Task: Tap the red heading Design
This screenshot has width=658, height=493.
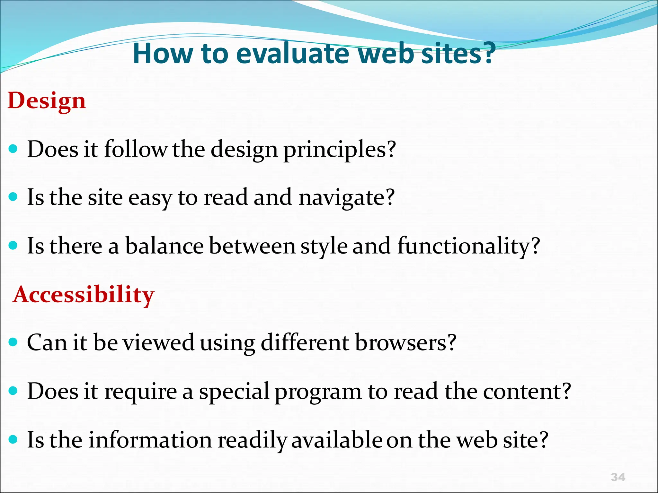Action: point(47,100)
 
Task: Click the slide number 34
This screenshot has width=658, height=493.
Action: point(618,477)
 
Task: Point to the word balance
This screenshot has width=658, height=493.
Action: point(164,246)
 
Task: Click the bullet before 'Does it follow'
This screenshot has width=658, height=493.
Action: point(13,149)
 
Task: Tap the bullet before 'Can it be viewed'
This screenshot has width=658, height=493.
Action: point(13,342)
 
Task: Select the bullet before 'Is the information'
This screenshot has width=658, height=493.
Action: point(13,439)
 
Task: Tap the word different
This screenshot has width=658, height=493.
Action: point(305,342)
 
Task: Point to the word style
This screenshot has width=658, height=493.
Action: point(324,246)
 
